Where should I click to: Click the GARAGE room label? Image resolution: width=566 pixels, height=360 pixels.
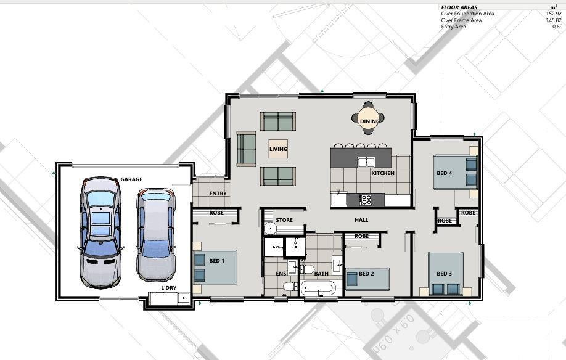[131, 179]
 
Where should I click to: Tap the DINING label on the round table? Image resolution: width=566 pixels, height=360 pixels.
[370, 121]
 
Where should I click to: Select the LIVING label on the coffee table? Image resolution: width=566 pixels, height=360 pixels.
[278, 149]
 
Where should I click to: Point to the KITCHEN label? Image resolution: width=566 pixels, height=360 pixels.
[383, 173]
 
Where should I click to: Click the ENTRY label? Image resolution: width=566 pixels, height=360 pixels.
[218, 194]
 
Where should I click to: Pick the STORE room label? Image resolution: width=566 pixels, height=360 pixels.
[284, 220]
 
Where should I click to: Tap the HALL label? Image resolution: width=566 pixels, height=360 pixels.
[361, 220]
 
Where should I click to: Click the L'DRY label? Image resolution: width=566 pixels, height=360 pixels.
[168, 288]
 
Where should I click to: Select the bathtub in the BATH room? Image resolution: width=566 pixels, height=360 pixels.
[319, 288]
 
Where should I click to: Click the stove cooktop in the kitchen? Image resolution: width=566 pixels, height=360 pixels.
[366, 200]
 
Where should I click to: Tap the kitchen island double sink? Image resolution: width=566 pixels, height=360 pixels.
[366, 162]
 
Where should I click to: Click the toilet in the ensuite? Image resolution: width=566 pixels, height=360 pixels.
[289, 287]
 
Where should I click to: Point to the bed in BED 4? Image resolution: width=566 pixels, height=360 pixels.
[456, 172]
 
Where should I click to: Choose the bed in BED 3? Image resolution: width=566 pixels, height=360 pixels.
[445, 274]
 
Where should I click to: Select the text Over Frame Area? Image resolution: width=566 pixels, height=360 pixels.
[461, 20]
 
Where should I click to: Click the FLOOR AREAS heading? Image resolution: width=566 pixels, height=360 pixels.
[459, 7]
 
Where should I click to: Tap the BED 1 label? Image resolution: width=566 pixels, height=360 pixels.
[217, 261]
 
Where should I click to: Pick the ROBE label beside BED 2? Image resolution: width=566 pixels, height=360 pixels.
[362, 236]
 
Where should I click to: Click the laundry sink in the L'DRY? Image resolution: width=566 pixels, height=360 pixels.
[183, 298]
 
